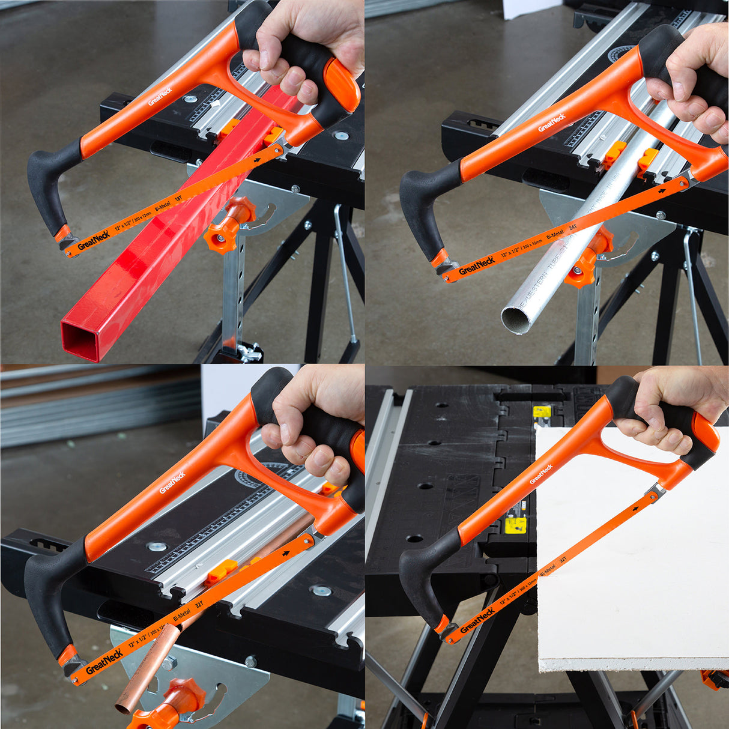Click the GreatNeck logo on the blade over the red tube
click(x=93, y=240)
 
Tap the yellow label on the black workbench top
click(x=515, y=525)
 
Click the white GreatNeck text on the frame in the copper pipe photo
click(x=172, y=483)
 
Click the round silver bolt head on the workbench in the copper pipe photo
click(x=157, y=546)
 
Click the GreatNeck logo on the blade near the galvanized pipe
click(x=476, y=265)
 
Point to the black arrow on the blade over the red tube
click(x=258, y=160)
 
